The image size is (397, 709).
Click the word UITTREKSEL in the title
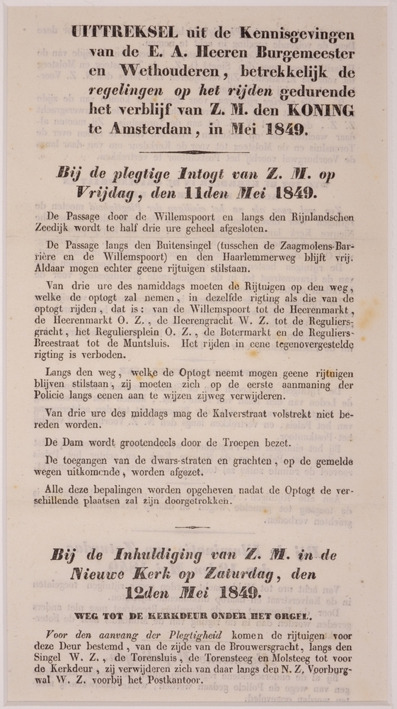click(114, 33)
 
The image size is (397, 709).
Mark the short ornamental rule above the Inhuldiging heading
click(192, 527)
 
